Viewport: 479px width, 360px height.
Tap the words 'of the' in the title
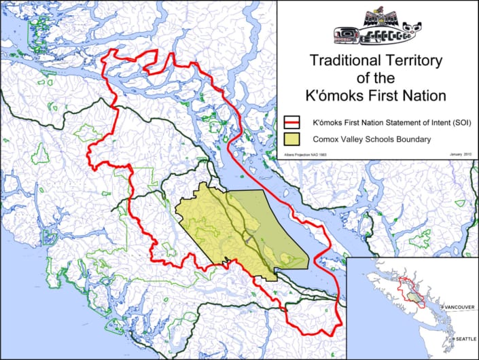point(378,77)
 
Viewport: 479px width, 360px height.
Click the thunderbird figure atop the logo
point(378,16)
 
